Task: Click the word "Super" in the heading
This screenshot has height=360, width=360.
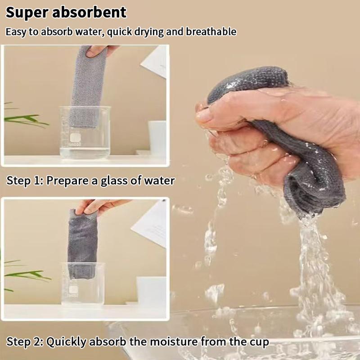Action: (x=27, y=12)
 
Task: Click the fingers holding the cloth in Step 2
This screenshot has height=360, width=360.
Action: (x=97, y=206)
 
